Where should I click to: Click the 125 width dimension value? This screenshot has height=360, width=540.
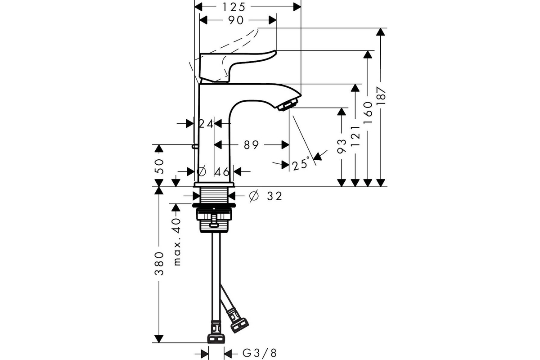tap(234, 7)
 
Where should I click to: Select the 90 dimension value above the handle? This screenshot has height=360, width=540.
tap(236, 21)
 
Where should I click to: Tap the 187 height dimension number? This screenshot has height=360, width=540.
tap(381, 96)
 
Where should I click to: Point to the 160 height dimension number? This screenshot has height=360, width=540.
tap(368, 112)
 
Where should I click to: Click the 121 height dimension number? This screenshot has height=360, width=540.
tap(355, 136)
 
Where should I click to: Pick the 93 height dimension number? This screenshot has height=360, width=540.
tap(342, 146)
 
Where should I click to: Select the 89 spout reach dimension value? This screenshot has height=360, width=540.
tap(251, 145)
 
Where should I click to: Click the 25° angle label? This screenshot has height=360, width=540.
tap(301, 164)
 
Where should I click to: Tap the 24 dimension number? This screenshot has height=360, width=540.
tap(206, 124)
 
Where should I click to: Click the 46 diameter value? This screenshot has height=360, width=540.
tap(222, 172)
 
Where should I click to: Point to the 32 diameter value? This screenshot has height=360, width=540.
tap(274, 196)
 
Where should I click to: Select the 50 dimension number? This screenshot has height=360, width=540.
tap(159, 166)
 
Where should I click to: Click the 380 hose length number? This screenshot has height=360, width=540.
tap(159, 264)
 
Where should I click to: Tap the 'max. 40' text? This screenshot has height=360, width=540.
tap(177, 242)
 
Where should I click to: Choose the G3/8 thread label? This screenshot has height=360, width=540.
tap(259, 354)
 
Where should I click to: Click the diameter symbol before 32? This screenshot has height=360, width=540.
tap(254, 196)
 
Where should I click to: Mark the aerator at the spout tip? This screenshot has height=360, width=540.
tap(289, 104)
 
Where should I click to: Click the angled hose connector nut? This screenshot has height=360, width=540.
tap(239, 325)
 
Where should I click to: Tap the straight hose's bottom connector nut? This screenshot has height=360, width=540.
tap(216, 338)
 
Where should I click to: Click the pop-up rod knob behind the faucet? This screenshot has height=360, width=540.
tap(194, 146)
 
